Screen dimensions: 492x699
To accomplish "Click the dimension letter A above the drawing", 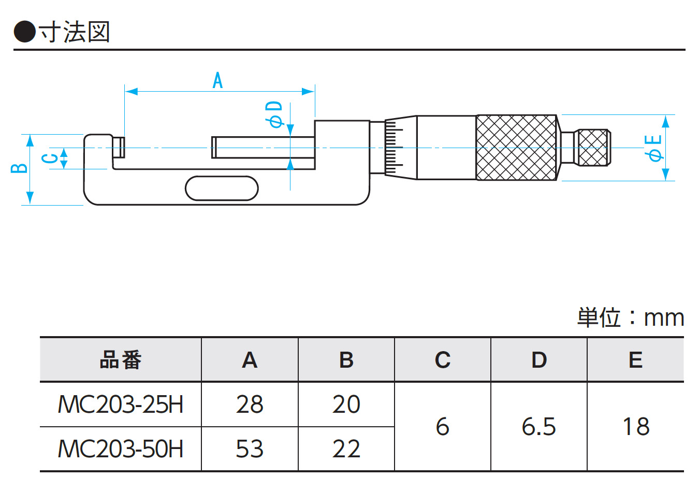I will pos(218,81).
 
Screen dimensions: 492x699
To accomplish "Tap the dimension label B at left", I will pos(20,168).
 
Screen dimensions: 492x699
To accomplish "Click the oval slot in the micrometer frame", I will pos(222,188).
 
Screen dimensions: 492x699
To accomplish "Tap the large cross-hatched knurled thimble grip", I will pos(516,148).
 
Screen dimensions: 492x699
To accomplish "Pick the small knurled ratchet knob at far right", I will pos(593,148).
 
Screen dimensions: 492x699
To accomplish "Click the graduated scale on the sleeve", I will pos(394,148).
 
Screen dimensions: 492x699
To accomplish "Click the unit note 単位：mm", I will pos(631,317).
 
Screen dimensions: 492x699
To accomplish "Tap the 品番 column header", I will pos(120,360).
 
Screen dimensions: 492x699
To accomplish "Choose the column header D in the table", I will pos(539,360).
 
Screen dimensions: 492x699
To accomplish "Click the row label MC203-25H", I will pos(120,404).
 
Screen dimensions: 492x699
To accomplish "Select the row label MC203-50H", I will pos(120,449).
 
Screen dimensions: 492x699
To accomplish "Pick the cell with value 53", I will pos(250,449).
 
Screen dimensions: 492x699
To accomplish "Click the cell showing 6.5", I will pos(539,427).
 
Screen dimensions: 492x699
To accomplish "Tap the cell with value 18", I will pos(635,427).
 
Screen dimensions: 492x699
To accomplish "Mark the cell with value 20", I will pos(346,404).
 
